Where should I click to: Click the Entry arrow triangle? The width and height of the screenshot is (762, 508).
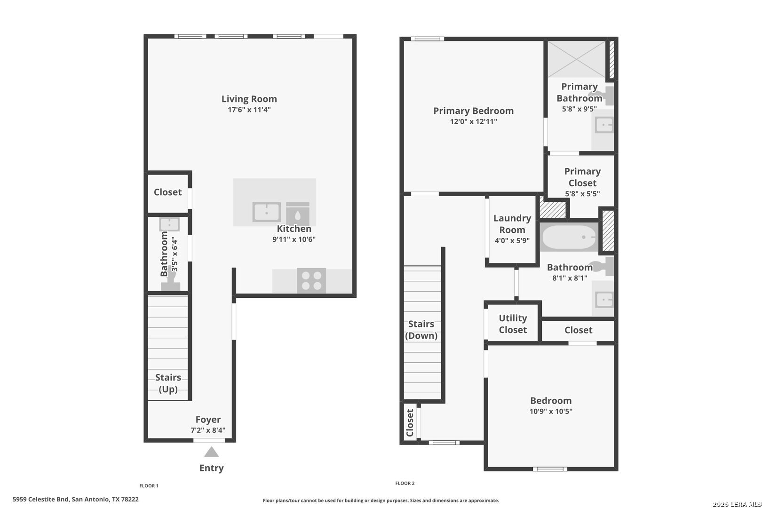pos(211,452)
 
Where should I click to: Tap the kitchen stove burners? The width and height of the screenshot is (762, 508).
pos(311,281)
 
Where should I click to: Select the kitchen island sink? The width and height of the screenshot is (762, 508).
pos(267,212)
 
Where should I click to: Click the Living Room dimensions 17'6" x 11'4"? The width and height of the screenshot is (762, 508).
pos(249,110)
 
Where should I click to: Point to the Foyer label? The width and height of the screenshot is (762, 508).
pos(208,419)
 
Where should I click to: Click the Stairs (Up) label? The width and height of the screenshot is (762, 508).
pos(168,383)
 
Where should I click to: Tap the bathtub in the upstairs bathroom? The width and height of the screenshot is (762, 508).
pos(569,237)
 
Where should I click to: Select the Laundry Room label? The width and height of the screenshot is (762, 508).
pos(512,224)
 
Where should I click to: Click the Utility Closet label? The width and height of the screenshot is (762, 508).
pos(513,324)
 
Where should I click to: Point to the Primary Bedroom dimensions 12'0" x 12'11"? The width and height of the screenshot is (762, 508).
pos(474,121)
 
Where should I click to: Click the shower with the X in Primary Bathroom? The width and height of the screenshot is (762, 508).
pos(577,59)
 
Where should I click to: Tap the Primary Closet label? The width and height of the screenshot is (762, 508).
pos(582,177)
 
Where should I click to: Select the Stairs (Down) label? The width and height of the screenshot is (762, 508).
pos(421,330)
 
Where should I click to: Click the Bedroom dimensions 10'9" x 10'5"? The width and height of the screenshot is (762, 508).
pos(551,411)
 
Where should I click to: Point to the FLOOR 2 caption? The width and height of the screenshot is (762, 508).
pos(405,483)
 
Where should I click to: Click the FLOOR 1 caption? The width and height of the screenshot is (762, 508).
pos(149,486)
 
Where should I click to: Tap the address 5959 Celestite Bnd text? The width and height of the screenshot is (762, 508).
pos(41,500)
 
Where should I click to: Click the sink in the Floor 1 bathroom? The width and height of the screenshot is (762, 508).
pos(169,224)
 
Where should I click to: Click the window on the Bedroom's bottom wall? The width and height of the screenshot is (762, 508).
pos(550,469)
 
